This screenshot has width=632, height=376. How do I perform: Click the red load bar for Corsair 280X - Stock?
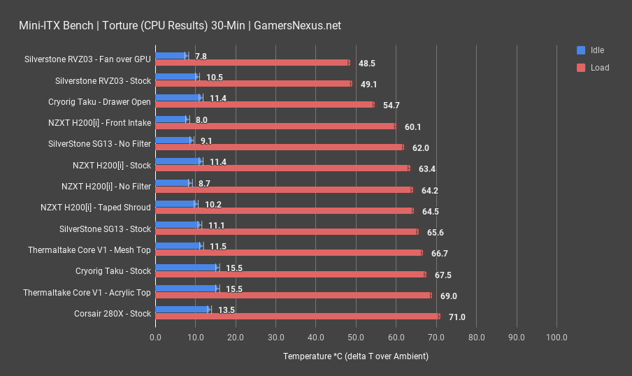[x=297, y=317]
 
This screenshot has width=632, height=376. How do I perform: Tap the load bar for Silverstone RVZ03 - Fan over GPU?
[x=252, y=63]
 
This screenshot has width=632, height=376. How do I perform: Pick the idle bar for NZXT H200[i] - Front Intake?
[x=171, y=120]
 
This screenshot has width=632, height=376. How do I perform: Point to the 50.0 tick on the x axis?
[x=356, y=338]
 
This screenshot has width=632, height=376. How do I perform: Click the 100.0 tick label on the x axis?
[x=556, y=338]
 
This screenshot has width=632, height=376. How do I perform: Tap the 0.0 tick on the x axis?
[x=155, y=338]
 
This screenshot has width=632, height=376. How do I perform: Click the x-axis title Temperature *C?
[x=356, y=356]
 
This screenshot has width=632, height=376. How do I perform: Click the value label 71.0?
[x=457, y=317]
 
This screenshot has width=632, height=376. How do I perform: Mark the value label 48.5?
[x=366, y=64]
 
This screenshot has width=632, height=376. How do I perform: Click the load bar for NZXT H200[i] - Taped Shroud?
[x=284, y=210]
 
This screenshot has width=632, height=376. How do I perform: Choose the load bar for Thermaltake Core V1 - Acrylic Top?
[x=293, y=296]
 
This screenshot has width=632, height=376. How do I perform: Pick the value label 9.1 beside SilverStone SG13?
[x=206, y=140]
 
